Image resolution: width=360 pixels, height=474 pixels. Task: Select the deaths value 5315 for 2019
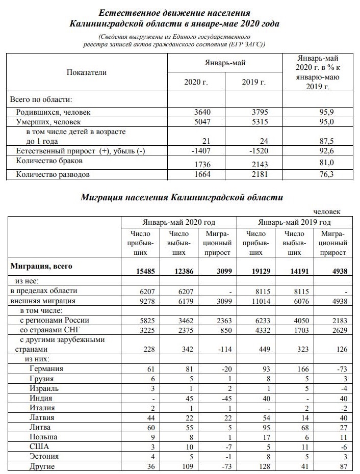[x=254, y=122]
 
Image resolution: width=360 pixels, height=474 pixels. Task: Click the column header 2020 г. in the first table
[x=196, y=82]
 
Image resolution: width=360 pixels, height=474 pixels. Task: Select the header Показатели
[x=87, y=72]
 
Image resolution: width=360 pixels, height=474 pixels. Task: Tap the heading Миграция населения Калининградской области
[x=182, y=197]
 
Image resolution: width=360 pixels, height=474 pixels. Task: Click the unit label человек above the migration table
[x=330, y=211]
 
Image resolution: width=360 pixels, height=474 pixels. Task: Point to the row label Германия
[x=46, y=368]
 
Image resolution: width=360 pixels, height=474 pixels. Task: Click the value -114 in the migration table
[x=220, y=350]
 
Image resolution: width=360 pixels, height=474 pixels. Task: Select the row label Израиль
[x=44, y=388]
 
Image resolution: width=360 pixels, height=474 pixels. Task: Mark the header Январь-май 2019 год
[x=294, y=222]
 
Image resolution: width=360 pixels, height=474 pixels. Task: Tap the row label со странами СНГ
[x=49, y=330]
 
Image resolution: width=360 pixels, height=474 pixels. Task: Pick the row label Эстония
[x=44, y=456]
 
